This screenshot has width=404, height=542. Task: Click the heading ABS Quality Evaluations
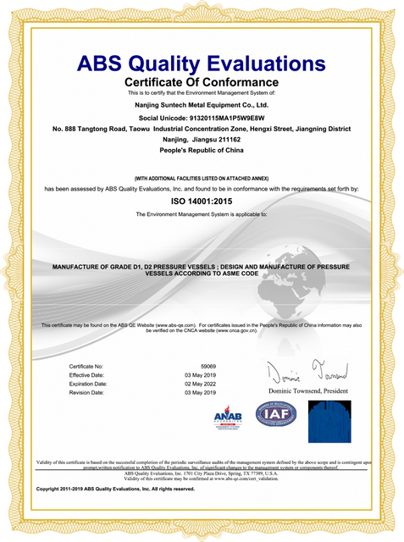pos(202,64)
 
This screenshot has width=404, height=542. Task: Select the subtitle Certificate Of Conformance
pos(202,81)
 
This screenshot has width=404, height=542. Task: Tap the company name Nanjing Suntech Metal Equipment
pos(202,104)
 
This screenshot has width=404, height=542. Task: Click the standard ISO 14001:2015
pos(202,203)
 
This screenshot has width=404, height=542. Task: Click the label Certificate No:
pos(86,366)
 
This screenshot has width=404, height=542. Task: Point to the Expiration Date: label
pos(89,384)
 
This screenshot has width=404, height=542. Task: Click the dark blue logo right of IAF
pos(329,421)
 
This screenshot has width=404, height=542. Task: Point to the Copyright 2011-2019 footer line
pos(116,489)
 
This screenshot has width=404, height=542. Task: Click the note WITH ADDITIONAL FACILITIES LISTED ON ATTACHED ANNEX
pos(202,179)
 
